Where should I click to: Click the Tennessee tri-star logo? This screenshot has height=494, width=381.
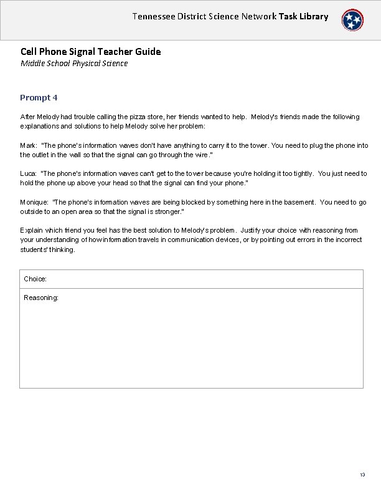pos(352,21)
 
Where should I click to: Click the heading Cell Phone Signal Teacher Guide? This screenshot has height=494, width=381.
pos(90,51)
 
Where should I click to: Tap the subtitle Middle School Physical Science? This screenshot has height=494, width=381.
pos(74,64)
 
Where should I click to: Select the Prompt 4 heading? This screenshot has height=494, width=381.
pos(39,97)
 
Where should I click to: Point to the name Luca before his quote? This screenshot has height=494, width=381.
pos(28,173)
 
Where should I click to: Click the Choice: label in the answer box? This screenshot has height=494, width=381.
pos(35,279)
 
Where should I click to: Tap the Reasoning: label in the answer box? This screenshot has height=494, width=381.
pos(41,298)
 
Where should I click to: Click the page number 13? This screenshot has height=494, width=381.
pos(362,475)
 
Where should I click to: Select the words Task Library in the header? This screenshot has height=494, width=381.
pos(304,16)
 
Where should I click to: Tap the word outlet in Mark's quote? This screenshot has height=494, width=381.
pos(42,154)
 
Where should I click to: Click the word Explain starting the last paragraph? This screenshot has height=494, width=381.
pos(32,231)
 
